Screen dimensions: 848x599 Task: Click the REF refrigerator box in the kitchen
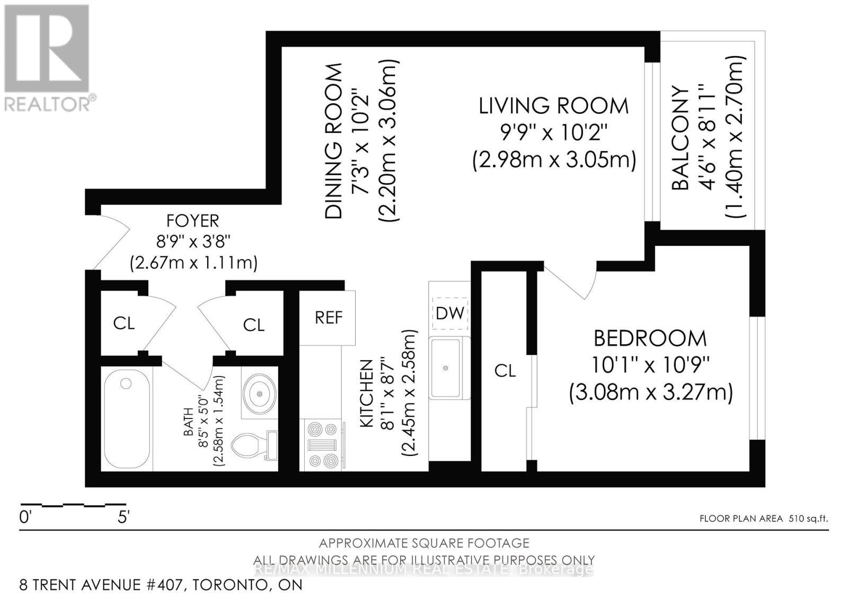pyautogui.click(x=328, y=317)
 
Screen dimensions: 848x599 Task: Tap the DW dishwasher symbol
pyautogui.click(x=450, y=314)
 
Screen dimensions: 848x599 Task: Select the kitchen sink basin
pyautogui.click(x=446, y=368)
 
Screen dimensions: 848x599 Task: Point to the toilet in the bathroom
pyautogui.click(x=254, y=445)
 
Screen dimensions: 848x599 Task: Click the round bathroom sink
pyautogui.click(x=259, y=394)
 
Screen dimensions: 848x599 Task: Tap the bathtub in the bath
pyautogui.click(x=127, y=419)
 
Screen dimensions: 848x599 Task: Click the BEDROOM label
pyautogui.click(x=650, y=338)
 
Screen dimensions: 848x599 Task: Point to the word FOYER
pyautogui.click(x=193, y=221)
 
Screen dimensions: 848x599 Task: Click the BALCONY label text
pyautogui.click(x=680, y=138)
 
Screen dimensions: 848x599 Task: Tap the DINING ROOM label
pyautogui.click(x=334, y=141)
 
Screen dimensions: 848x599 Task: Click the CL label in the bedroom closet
pyautogui.click(x=505, y=371)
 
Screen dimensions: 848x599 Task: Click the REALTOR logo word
pyautogui.click(x=47, y=104)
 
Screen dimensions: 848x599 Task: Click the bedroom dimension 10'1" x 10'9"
pyautogui.click(x=650, y=365)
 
